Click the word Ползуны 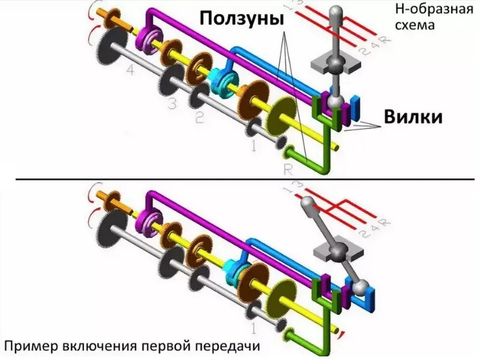click(241, 19)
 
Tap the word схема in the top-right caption click(414, 26)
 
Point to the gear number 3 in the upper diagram click(173, 104)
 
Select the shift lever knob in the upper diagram click(337, 13)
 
